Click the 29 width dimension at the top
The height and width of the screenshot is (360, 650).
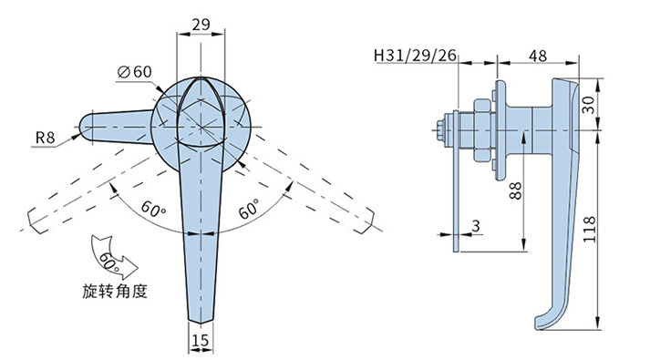(201, 25)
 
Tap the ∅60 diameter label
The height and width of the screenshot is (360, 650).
(135, 72)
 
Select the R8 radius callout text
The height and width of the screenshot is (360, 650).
(45, 137)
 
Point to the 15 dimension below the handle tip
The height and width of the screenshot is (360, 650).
(201, 341)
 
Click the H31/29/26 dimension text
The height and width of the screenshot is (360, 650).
(415, 55)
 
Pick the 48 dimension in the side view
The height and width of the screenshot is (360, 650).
(538, 56)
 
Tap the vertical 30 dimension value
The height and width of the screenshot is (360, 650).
(588, 105)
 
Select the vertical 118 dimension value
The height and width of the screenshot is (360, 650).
(589, 230)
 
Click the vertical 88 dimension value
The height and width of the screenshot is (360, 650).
(516, 190)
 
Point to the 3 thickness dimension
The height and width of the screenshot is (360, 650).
(476, 226)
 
